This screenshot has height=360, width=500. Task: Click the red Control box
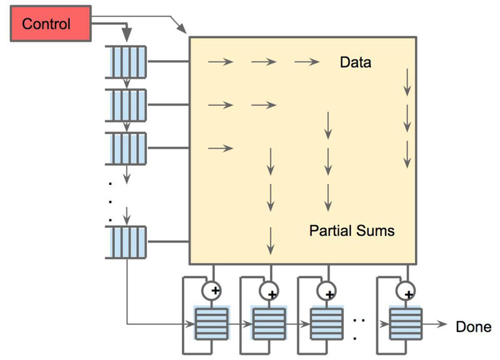click(x=46, y=24)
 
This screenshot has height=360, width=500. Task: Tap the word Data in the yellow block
click(x=355, y=62)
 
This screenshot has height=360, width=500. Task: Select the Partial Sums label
click(x=352, y=231)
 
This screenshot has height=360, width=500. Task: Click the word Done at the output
click(x=473, y=326)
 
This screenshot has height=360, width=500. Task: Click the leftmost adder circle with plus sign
click(x=212, y=291)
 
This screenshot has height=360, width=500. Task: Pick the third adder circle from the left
click(x=326, y=291)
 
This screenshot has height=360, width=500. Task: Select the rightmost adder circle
click(x=406, y=291)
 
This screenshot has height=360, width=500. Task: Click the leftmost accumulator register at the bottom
click(x=212, y=322)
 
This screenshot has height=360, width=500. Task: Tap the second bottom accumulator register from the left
click(x=269, y=322)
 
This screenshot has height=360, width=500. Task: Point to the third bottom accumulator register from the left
click(x=326, y=322)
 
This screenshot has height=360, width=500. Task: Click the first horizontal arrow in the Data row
click(x=221, y=62)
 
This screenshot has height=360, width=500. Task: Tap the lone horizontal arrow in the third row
click(x=221, y=148)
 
